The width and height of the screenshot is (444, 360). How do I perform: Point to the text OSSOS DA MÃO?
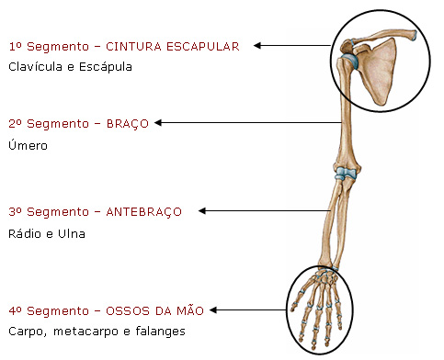[155, 309]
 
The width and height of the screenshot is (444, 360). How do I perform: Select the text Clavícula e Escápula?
[70, 67]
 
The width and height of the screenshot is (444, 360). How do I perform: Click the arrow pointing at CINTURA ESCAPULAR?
[294, 45]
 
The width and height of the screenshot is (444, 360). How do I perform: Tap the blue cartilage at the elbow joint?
[346, 172]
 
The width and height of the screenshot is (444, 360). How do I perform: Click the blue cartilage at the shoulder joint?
[350, 62]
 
